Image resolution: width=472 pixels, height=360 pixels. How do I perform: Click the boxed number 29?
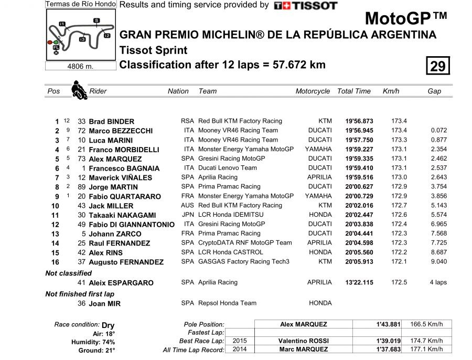point(437,66)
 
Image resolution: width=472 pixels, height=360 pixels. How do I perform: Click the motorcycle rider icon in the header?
point(79,90)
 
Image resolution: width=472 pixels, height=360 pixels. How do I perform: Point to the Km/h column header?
point(391,91)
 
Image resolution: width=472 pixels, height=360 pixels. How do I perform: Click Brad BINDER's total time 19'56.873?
point(359,121)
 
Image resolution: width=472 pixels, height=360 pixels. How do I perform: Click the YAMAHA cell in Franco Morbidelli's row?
point(318,150)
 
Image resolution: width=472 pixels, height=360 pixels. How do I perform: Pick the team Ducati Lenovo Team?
point(228,168)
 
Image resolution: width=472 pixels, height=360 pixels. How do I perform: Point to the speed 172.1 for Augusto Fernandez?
point(399,262)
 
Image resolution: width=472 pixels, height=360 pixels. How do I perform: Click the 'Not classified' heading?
point(68,273)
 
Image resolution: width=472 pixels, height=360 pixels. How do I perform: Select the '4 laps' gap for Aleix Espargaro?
point(437,282)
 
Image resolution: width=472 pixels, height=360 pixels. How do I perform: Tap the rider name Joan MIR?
point(104,303)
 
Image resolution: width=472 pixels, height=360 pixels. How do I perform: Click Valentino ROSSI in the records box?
point(303,341)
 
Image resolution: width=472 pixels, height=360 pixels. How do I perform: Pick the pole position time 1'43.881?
point(388,324)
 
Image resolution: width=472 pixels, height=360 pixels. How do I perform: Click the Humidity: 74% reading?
point(97,342)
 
